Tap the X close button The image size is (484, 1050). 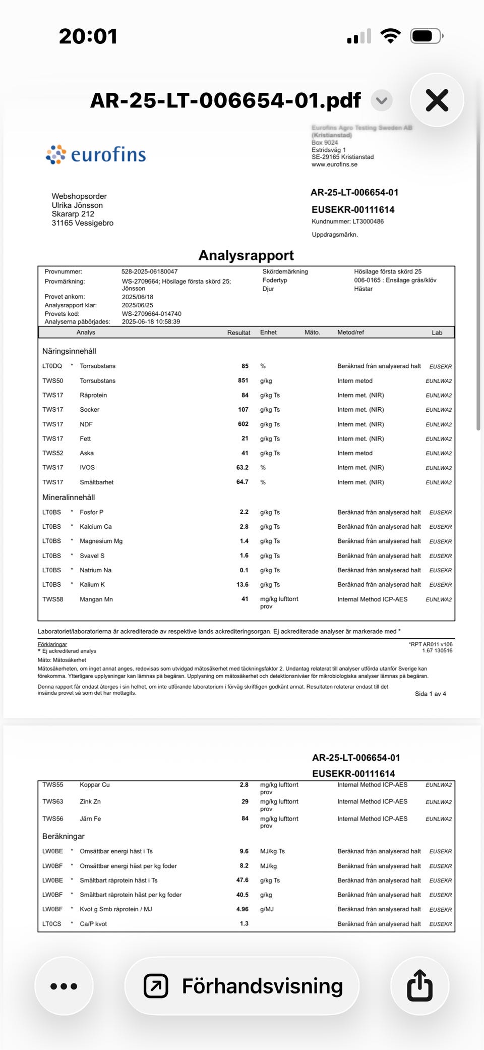(437, 100)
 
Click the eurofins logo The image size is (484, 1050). (96, 154)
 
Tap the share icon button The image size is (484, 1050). (419, 985)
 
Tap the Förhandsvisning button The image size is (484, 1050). (242, 986)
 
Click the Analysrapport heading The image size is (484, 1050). (246, 255)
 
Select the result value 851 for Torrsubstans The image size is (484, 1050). (243, 380)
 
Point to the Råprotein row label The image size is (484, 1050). (93, 395)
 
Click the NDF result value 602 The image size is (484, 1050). (243, 424)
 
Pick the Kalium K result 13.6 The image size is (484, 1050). (243, 584)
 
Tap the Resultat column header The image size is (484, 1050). (238, 333)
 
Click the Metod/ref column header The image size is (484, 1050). (350, 332)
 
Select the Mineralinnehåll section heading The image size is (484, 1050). (69, 497)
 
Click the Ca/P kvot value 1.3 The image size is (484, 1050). (244, 923)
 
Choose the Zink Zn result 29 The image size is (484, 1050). (245, 801)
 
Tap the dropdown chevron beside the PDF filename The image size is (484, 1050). (382, 100)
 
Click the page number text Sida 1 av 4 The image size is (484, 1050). (430, 694)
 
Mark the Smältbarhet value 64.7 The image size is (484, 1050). (242, 482)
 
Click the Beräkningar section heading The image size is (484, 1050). (64, 836)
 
